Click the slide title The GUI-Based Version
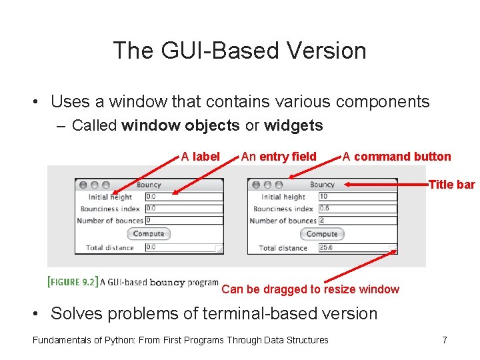pyautogui.click(x=239, y=51)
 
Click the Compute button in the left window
pyautogui.click(x=149, y=233)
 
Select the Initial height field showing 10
pyautogui.click(x=357, y=197)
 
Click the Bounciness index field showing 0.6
pyautogui.click(x=357, y=209)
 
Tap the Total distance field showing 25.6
pyautogui.click(x=353, y=248)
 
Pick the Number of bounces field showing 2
pyautogui.click(x=357, y=221)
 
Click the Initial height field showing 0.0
pyautogui.click(x=183, y=197)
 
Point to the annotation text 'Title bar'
pyautogui.click(x=452, y=185)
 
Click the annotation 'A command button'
pyautogui.click(x=397, y=157)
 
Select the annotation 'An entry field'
pyautogui.click(x=279, y=157)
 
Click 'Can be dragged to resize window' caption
pyautogui.click(x=310, y=289)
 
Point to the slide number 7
pyautogui.click(x=445, y=340)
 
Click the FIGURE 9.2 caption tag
pyautogui.click(x=72, y=281)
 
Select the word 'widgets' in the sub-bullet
pyautogui.click(x=293, y=125)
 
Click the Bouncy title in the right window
pyautogui.click(x=322, y=185)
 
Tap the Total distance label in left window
pyautogui.click(x=110, y=247)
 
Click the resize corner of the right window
pyautogui.click(x=393, y=250)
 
